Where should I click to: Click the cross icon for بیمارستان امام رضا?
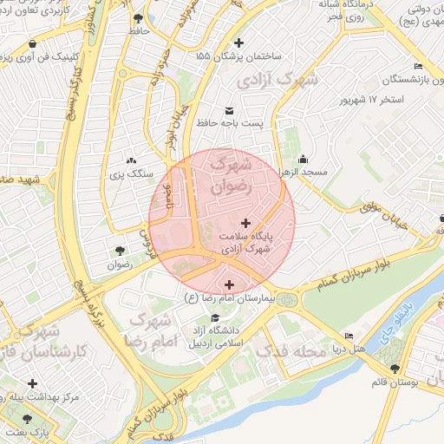[229, 284]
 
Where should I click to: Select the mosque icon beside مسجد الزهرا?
[303, 159]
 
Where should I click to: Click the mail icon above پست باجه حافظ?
[229, 110]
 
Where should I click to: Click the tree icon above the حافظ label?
[139, 17]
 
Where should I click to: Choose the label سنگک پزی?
[132, 176]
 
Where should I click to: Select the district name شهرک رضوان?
[230, 173]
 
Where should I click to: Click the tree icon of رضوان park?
[119, 251]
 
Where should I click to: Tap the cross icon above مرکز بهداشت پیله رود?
[33, 382]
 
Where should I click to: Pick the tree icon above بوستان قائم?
[395, 369]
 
